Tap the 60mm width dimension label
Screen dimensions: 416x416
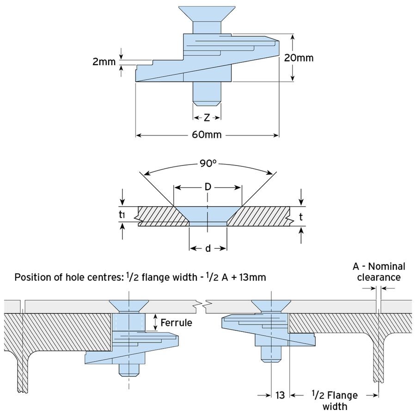[x=207, y=135]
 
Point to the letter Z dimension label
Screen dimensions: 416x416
[x=207, y=118]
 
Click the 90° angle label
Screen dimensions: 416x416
[x=208, y=163]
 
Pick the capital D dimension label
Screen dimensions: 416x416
[x=208, y=187]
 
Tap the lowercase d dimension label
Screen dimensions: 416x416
[x=208, y=249]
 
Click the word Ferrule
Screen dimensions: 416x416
[x=177, y=323]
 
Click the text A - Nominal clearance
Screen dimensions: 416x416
[x=379, y=272]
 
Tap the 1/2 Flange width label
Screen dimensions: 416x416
[x=335, y=400]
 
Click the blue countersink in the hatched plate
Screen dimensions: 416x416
[x=208, y=215]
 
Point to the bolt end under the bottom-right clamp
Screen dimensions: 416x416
[x=270, y=354]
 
